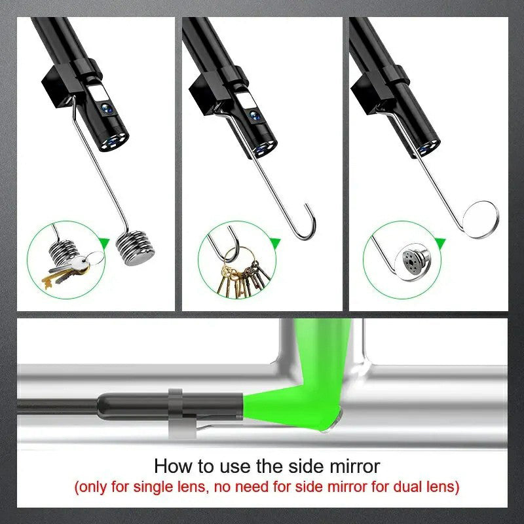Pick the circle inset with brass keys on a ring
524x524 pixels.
coord(236,258)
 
